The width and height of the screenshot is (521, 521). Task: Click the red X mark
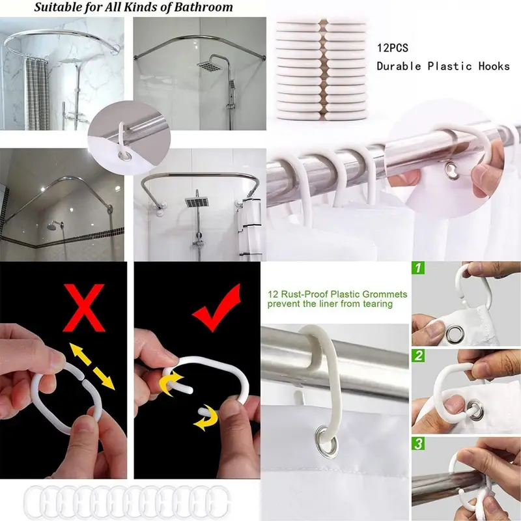coord(84,307)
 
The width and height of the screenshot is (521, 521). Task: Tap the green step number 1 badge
coord(418,268)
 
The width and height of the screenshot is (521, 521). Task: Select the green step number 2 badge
coord(418,356)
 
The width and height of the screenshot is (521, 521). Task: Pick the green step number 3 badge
coord(418,444)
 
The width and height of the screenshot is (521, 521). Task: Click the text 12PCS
coord(393,48)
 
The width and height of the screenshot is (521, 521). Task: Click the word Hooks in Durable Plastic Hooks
coord(494,66)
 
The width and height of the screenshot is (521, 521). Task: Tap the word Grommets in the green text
coord(385,294)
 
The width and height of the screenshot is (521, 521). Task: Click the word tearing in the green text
coord(378,303)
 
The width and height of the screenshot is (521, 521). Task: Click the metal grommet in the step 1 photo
coord(455,333)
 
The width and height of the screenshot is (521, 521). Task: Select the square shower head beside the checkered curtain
coord(71,61)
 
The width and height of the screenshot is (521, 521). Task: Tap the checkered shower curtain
coord(36,94)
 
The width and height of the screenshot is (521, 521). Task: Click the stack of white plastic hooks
coord(321,69)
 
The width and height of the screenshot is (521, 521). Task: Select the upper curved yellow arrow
coord(171,384)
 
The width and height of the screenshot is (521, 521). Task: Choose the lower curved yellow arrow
coord(206,418)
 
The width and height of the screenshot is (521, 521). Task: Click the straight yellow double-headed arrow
coord(92,366)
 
